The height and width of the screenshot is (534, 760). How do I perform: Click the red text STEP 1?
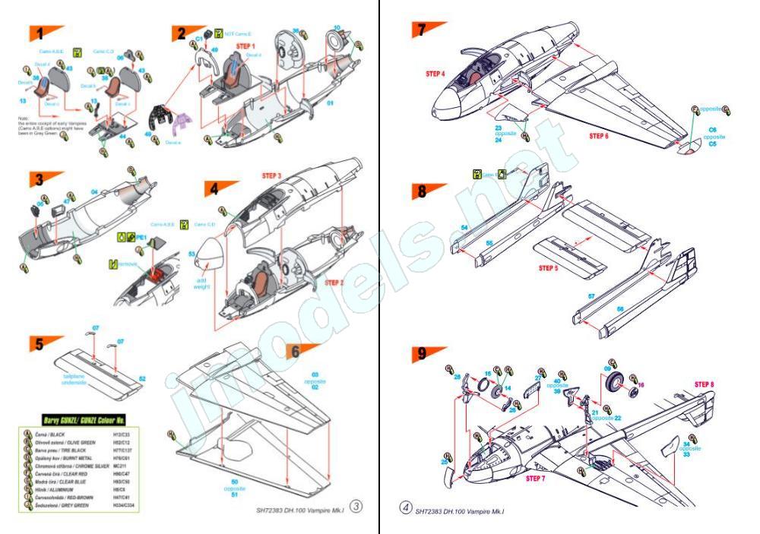[x=246, y=46]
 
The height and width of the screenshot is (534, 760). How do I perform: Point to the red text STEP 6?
[x=605, y=136]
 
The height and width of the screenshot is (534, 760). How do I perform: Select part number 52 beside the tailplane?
[x=142, y=378]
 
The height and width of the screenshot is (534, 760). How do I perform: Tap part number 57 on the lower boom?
[x=590, y=296]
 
